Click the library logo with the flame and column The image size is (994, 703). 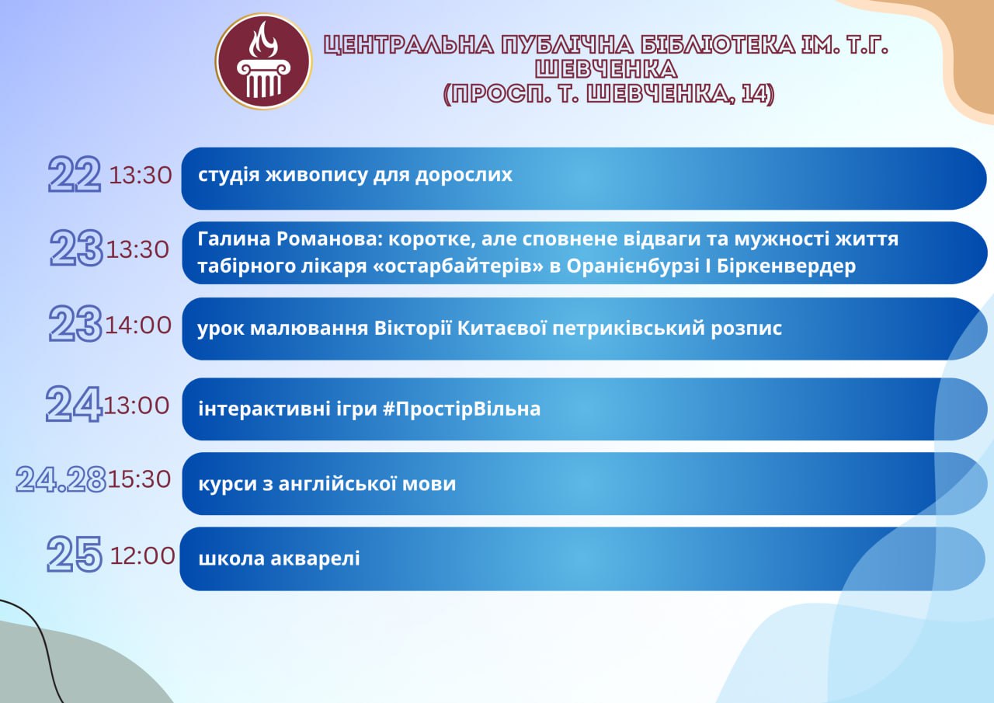coord(263,61)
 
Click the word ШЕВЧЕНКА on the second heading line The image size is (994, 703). coord(606,69)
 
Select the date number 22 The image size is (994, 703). coord(75,174)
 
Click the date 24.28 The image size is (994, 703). coord(61,479)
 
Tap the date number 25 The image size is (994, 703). coord(75,554)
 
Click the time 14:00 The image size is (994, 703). coord(138,325)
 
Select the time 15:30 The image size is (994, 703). coord(139,479)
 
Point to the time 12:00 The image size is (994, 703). coord(142,555)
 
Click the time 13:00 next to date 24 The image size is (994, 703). coord(137,405)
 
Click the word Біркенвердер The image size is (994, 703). coord(787,266)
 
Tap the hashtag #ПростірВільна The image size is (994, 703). coord(461,409)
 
